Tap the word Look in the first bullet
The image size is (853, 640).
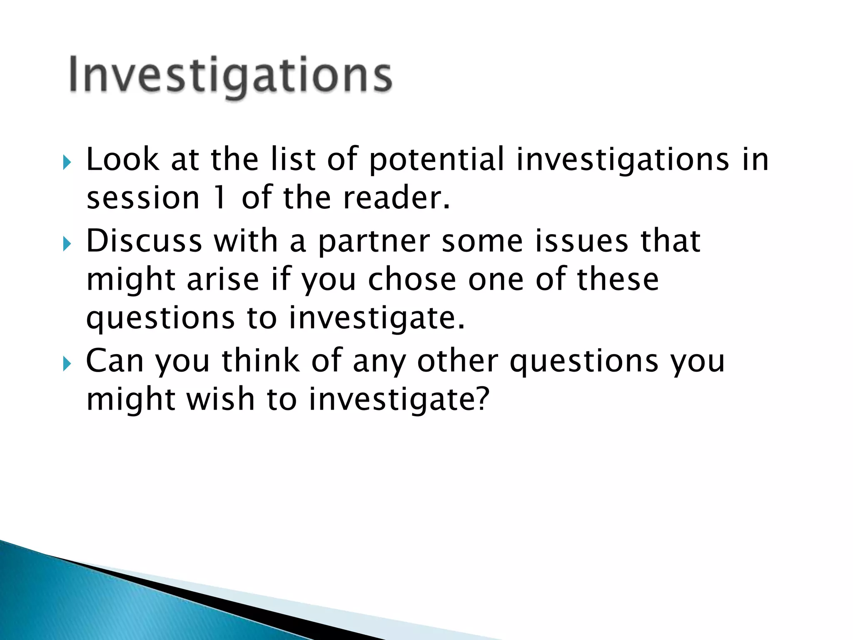point(122,160)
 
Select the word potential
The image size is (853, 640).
point(436,160)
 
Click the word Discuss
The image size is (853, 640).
point(144,241)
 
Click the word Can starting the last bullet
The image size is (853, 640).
point(115,361)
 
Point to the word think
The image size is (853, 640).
point(260,361)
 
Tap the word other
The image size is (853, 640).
point(457,361)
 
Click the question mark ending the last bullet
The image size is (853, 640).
point(481,399)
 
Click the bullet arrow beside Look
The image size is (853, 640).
point(67,162)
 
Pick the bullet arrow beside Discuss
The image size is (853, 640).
point(67,244)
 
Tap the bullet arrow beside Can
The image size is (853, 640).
point(67,363)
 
